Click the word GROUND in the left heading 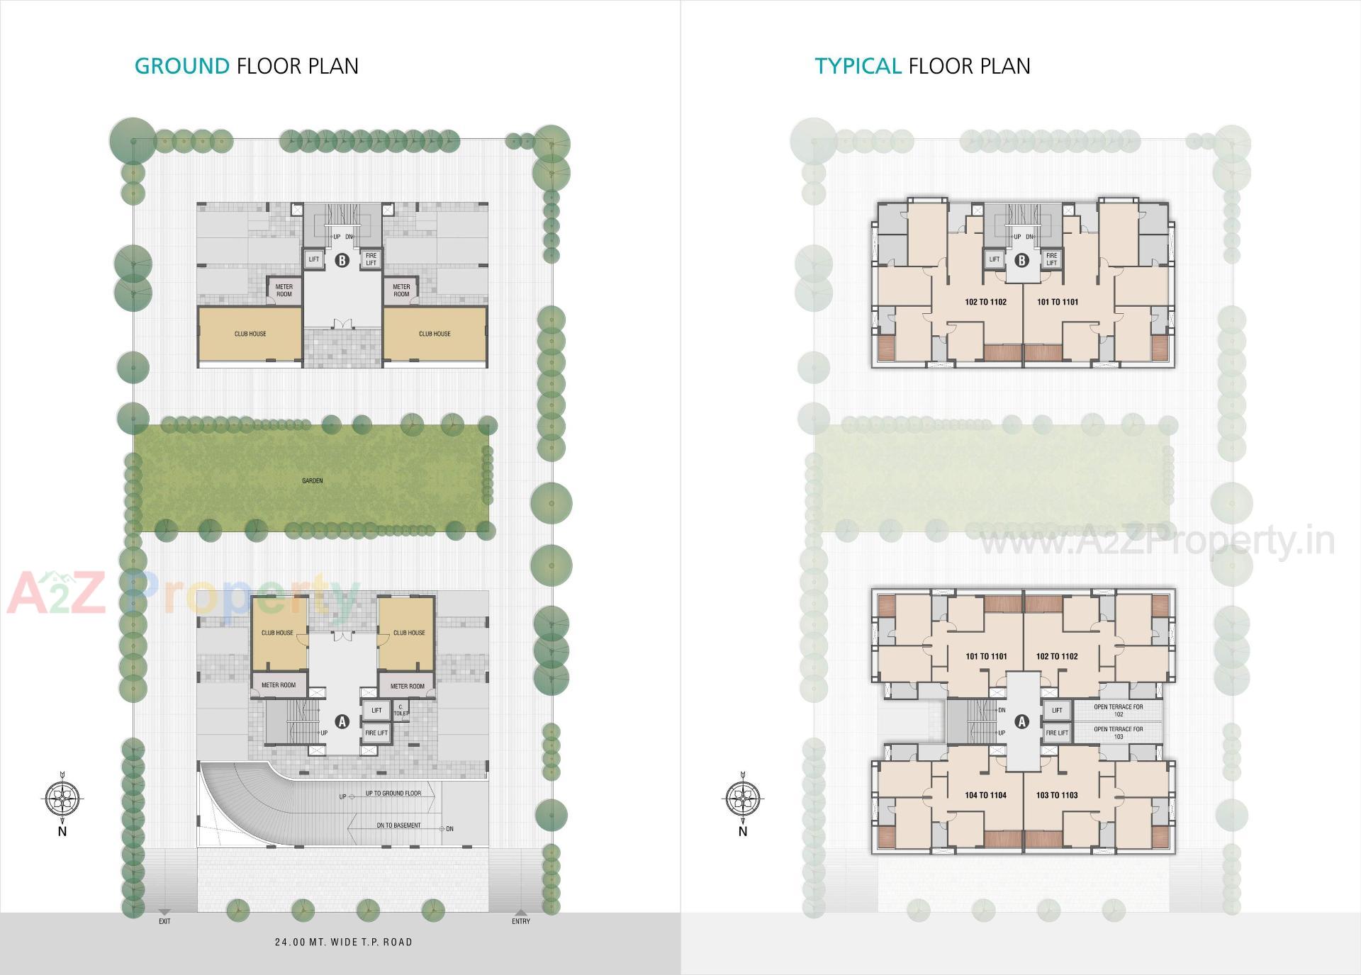point(182,66)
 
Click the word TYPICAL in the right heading point(858,66)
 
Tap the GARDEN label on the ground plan point(313,480)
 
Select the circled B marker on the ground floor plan point(342,260)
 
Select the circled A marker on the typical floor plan point(1021,721)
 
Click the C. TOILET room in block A point(401,709)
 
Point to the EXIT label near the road point(164,921)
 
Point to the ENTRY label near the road point(521,921)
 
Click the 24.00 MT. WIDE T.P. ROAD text point(343,942)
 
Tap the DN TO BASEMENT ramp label point(398,825)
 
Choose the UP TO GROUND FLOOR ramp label point(393,793)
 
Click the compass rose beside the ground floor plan point(62,799)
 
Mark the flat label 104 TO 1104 point(985,795)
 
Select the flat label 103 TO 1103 point(1057,795)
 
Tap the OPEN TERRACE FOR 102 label point(1118,710)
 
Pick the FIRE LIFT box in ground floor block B point(371,259)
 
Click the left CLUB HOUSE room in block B point(250,334)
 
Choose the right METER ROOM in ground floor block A point(408,686)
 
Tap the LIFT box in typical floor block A point(1057,710)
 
